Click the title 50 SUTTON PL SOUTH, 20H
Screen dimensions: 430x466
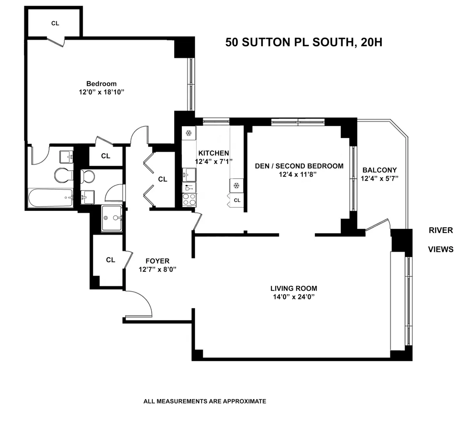(x=304, y=42)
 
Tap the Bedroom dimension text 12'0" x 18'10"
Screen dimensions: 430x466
(x=101, y=92)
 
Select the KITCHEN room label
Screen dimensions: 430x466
(x=214, y=153)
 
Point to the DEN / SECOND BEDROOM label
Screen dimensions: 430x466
(x=299, y=166)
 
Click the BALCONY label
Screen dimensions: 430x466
(x=379, y=170)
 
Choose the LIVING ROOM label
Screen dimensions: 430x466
(x=294, y=288)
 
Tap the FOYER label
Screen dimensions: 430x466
(x=157, y=261)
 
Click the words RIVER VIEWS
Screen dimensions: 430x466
(x=441, y=239)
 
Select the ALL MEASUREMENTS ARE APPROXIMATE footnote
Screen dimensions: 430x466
(x=205, y=401)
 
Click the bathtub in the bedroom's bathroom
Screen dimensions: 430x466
(x=50, y=198)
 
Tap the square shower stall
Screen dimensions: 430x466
(x=111, y=218)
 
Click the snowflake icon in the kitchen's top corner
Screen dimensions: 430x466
(x=189, y=134)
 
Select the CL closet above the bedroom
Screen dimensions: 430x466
(x=55, y=23)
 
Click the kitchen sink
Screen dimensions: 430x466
(x=188, y=175)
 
